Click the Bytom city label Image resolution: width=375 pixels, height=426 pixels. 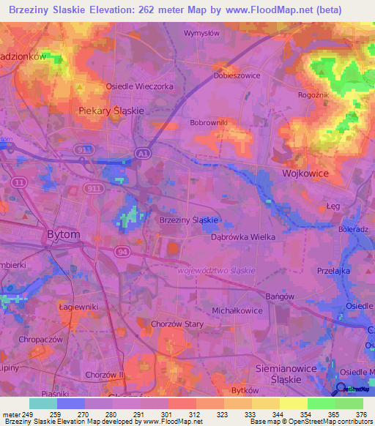(63, 234)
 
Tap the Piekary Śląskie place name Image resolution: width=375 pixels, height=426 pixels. (111, 110)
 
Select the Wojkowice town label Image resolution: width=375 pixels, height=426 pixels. (305, 173)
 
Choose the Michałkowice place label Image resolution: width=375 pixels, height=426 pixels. (237, 310)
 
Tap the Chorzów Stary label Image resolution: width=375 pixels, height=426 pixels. (177, 304)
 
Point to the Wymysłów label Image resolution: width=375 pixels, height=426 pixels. (201, 34)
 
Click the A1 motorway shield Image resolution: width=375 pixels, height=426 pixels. (141, 153)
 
